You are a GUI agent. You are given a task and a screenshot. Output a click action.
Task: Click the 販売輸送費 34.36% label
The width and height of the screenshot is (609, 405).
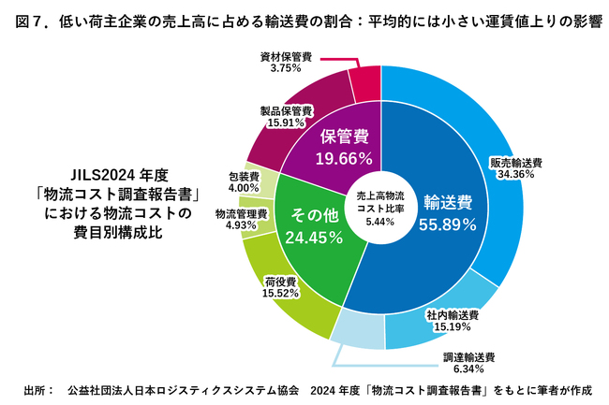tap(516, 167)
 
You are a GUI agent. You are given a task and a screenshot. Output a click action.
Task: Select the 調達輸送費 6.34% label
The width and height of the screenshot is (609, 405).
tap(469, 362)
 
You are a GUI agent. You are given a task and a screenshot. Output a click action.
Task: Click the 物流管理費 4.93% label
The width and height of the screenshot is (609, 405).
tap(241, 219)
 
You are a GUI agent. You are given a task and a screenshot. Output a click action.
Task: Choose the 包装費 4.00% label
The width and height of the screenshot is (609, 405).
tap(243, 181)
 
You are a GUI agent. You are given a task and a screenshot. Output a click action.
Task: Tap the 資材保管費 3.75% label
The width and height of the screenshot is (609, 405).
tap(286, 61)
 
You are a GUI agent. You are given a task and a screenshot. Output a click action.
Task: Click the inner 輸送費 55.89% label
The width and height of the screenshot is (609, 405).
tap(447, 212)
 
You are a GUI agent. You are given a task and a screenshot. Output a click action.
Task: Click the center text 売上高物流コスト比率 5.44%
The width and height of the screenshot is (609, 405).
tap(379, 209)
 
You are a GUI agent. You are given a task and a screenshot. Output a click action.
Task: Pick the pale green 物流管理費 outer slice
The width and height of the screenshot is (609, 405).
tap(261, 216)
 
